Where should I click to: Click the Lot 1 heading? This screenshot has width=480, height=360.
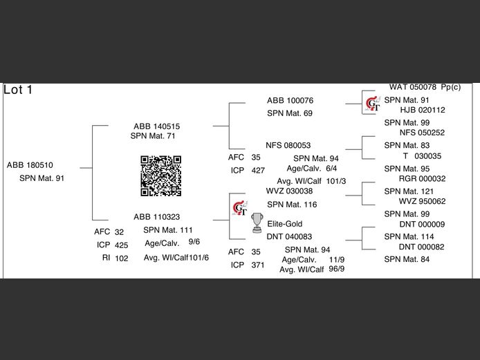pyautogui.click(x=19, y=90)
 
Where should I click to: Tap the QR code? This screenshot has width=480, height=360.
pyautogui.click(x=161, y=176)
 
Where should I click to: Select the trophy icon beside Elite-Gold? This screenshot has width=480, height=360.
pyautogui.click(x=257, y=222)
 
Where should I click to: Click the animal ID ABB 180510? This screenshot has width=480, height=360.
pyautogui.click(x=30, y=165)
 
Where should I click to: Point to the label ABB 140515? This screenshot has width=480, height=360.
pyautogui.click(x=157, y=126)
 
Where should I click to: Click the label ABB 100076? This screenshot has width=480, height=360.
pyautogui.click(x=290, y=101)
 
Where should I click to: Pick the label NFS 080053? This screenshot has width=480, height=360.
pyautogui.click(x=288, y=146)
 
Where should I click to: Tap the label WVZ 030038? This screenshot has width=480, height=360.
pyautogui.click(x=290, y=191)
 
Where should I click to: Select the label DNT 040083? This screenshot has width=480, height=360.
pyautogui.click(x=290, y=236)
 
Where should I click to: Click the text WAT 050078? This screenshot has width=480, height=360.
pyautogui.click(x=413, y=87)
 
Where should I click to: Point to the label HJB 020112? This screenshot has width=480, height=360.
pyautogui.click(x=423, y=110)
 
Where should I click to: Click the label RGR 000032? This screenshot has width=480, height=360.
pyautogui.click(x=423, y=178)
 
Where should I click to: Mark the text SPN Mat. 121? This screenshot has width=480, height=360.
pyautogui.click(x=409, y=191)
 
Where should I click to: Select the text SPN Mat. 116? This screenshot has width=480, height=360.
pyautogui.click(x=292, y=205)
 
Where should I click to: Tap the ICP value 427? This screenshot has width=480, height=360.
pyautogui.click(x=258, y=170)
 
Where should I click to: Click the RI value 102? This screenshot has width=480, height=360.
pyautogui.click(x=122, y=258)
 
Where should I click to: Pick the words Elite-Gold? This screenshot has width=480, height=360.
pyautogui.click(x=285, y=224)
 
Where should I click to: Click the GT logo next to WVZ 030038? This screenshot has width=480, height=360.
pyautogui.click(x=239, y=207)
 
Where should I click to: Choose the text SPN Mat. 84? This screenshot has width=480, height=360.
pyautogui.click(x=407, y=259)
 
